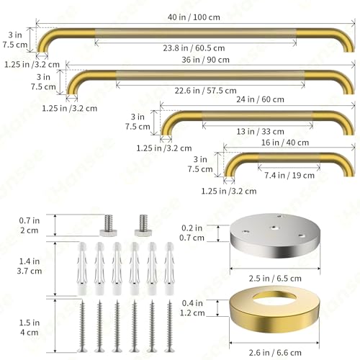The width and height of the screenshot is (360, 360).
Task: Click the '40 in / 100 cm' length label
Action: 194,17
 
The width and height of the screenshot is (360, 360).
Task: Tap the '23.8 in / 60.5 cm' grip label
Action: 194,48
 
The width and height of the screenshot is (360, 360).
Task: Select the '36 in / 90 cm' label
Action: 205,60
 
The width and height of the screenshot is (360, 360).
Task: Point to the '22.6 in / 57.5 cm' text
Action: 205,91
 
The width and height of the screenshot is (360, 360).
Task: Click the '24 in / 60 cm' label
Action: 260,99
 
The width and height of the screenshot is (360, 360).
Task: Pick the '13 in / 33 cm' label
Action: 260,132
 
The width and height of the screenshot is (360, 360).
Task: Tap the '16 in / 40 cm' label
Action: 285,143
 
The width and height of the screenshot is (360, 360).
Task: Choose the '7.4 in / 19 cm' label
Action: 289,176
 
